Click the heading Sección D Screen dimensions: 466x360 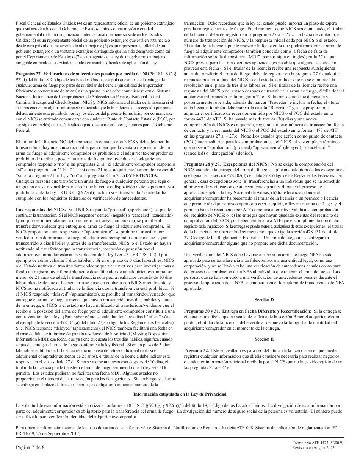pyautogui.click(x=264, y=289)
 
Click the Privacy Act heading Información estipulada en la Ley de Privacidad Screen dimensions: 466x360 pyautogui.click(x=180, y=394)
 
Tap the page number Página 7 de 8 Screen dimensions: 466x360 pyautogui.click(x=30, y=447)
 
